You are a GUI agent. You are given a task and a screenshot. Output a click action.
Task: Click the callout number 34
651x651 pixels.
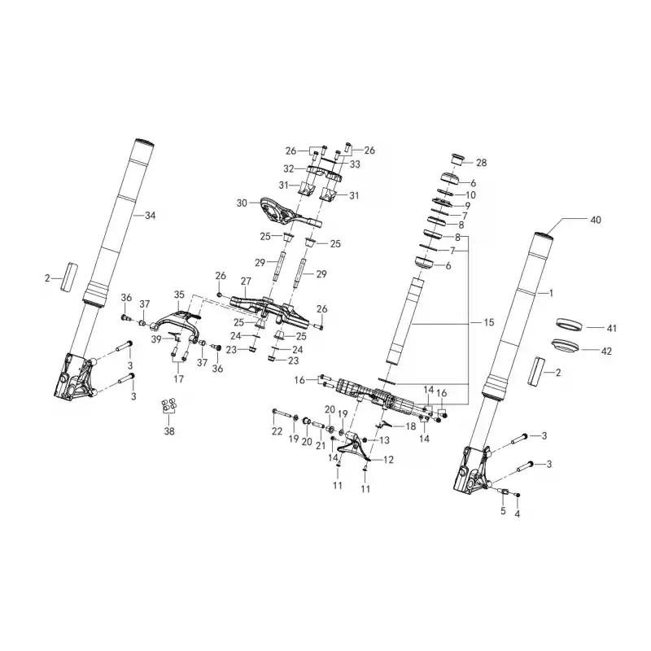(x=150, y=216)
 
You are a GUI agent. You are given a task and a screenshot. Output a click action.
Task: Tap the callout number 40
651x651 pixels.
(x=596, y=220)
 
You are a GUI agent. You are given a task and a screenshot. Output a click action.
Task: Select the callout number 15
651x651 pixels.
(x=489, y=322)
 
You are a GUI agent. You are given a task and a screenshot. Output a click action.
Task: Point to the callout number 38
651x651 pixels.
(x=169, y=431)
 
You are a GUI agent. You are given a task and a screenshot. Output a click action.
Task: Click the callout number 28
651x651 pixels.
(x=481, y=163)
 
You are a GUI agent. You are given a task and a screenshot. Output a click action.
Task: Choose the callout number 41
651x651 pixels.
(x=612, y=329)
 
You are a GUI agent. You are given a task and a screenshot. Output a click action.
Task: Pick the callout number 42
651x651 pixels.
(x=606, y=352)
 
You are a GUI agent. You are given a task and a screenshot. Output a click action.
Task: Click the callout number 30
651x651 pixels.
(x=242, y=203)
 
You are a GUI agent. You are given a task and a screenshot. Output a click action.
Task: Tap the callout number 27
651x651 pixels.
(x=246, y=281)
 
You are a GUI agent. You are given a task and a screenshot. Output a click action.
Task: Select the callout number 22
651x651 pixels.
(x=277, y=431)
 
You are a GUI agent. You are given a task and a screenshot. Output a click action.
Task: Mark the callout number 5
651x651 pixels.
(x=503, y=511)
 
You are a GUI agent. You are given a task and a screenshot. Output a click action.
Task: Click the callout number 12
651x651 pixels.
(x=388, y=460)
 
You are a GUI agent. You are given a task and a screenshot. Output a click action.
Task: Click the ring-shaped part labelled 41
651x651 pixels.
(x=569, y=324)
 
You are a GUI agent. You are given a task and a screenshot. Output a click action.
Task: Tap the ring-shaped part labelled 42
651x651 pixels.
(x=566, y=347)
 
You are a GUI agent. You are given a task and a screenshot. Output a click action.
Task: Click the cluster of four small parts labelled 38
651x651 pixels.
(x=169, y=405)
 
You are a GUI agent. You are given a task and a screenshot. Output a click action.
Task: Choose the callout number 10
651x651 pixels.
(x=471, y=195)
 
